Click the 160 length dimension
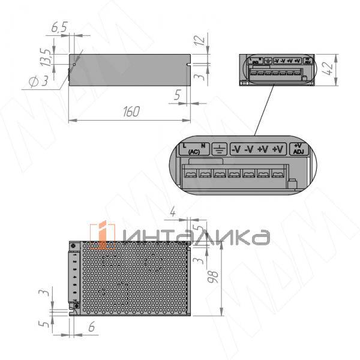(x=131, y=112)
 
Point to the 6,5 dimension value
(x=59, y=28)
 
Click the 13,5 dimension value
(x=44, y=61)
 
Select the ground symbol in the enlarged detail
(x=220, y=148)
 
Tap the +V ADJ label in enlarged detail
(x=298, y=148)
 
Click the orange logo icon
(x=103, y=236)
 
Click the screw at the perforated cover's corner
(x=74, y=246)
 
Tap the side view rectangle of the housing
(x=128, y=70)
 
